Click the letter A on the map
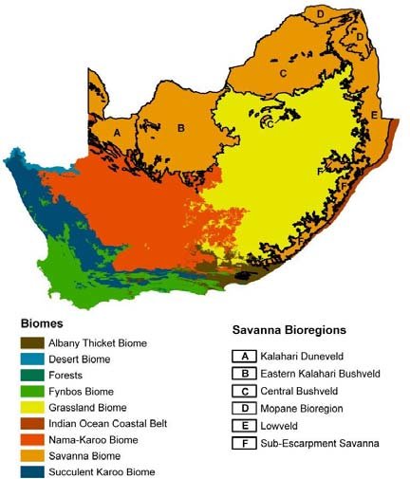pyautogui.click(x=117, y=133)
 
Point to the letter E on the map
pyautogui.click(x=375, y=115)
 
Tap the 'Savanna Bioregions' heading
pyautogui.click(x=287, y=330)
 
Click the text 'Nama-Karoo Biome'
pyautogui.click(x=102, y=440)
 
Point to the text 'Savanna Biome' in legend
pyautogui.click(x=93, y=456)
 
